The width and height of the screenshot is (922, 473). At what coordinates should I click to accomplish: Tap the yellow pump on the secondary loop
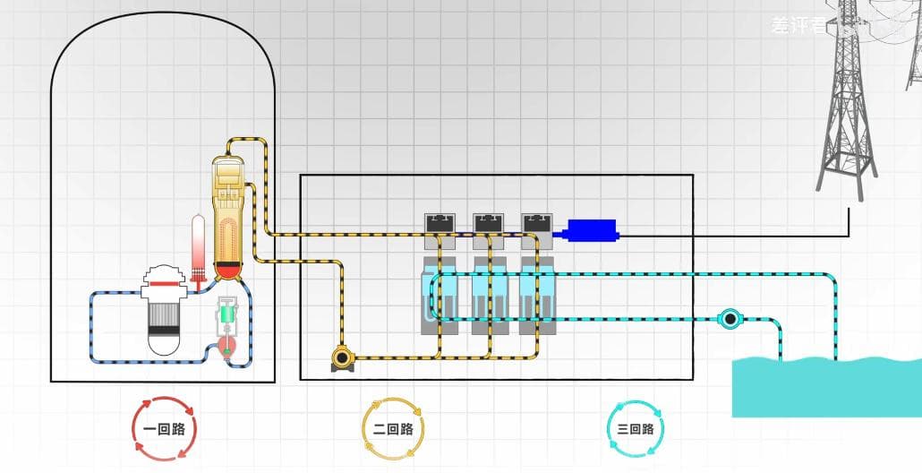tap(342, 358)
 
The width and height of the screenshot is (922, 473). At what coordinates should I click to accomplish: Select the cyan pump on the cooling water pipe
tap(730, 318)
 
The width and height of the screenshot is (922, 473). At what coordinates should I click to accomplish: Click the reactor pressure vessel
tap(164, 309)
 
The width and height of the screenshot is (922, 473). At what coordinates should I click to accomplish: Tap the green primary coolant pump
tap(229, 316)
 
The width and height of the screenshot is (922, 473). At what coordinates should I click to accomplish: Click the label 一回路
tap(164, 429)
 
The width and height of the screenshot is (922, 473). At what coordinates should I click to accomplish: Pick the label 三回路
tap(636, 429)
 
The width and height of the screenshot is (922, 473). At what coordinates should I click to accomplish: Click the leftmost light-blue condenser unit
tap(440, 296)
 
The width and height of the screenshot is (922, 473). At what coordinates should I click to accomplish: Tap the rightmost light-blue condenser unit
tap(537, 296)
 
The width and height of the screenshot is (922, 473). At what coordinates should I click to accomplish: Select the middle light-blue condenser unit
tap(489, 296)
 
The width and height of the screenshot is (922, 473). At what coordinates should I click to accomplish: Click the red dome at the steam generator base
tap(229, 270)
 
